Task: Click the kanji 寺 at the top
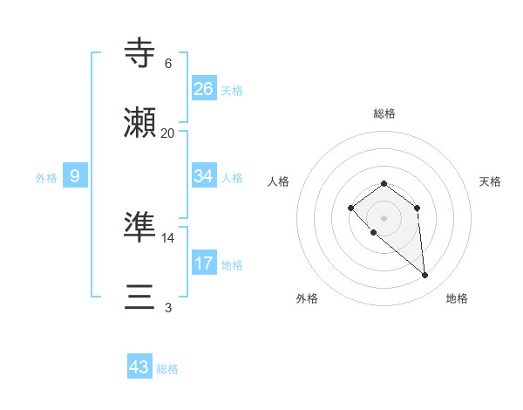[140, 53]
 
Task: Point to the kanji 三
[140, 297]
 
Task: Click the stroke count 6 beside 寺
[168, 63]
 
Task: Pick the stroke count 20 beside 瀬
[168, 133]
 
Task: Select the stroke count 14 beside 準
[168, 237]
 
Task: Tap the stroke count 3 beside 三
[168, 307]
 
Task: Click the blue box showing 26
[204, 89]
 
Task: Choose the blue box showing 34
[204, 176]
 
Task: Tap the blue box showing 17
[204, 263]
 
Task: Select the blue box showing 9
[75, 176]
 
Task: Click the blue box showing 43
[139, 367]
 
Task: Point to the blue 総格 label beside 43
[168, 369]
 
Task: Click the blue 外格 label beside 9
[46, 178]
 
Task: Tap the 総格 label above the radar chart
[384, 113]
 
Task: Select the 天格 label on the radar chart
[490, 181]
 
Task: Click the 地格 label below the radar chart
[457, 298]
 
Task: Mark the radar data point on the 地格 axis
[425, 276]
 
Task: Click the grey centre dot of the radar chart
[384, 217]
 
